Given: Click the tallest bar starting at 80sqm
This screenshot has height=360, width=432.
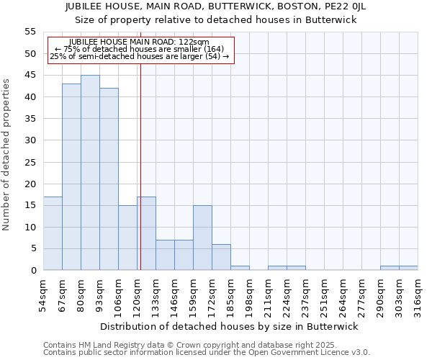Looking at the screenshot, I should pyautogui.click(x=90, y=173).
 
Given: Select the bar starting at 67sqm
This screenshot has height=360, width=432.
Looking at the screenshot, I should pyautogui.click(x=71, y=177).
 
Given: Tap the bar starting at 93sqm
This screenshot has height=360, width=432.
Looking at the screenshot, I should pyautogui.click(x=109, y=179).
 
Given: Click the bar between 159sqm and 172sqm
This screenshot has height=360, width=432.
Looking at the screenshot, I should pyautogui.click(x=202, y=238).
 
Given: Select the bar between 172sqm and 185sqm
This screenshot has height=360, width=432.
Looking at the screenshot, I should pyautogui.click(x=221, y=257).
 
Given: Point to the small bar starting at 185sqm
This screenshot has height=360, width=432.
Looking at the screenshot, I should pyautogui.click(x=240, y=268).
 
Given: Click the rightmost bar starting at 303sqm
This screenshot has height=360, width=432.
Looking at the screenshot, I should pyautogui.click(x=408, y=268).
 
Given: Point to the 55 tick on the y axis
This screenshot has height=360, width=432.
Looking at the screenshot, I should pyautogui.click(x=30, y=32).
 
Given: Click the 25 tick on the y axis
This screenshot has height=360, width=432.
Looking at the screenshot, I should pyautogui.click(x=30, y=162).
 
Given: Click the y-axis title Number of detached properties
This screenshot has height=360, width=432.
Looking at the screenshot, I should pyautogui.click(x=6, y=155).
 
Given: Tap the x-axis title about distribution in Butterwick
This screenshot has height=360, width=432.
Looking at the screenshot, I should pyautogui.click(x=229, y=326).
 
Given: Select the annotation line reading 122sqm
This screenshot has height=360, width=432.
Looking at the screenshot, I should pyautogui.click(x=140, y=42).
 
